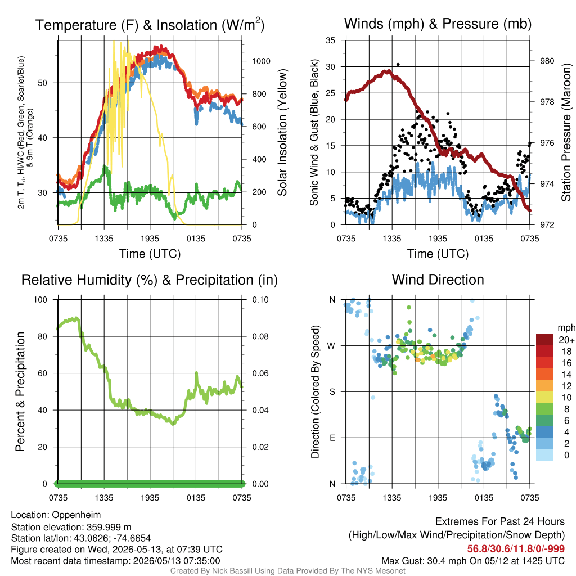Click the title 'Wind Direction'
(x=438, y=280)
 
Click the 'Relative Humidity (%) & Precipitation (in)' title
(x=150, y=280)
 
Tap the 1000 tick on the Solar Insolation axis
(x=261, y=61)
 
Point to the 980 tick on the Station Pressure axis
(x=547, y=61)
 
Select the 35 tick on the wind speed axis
(x=330, y=40)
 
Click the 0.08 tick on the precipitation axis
(x=260, y=336)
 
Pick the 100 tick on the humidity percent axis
(x=40, y=300)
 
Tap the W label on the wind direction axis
(x=331, y=346)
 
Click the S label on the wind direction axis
(x=332, y=392)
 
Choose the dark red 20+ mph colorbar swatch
(x=544, y=340)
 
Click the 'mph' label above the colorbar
(x=566, y=328)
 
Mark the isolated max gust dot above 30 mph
(x=398, y=65)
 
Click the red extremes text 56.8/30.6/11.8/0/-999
(x=516, y=549)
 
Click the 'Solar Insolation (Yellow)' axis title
(x=282, y=132)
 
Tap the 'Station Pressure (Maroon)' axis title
(x=566, y=132)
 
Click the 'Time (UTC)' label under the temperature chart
(x=150, y=254)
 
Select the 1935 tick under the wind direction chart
(x=438, y=498)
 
